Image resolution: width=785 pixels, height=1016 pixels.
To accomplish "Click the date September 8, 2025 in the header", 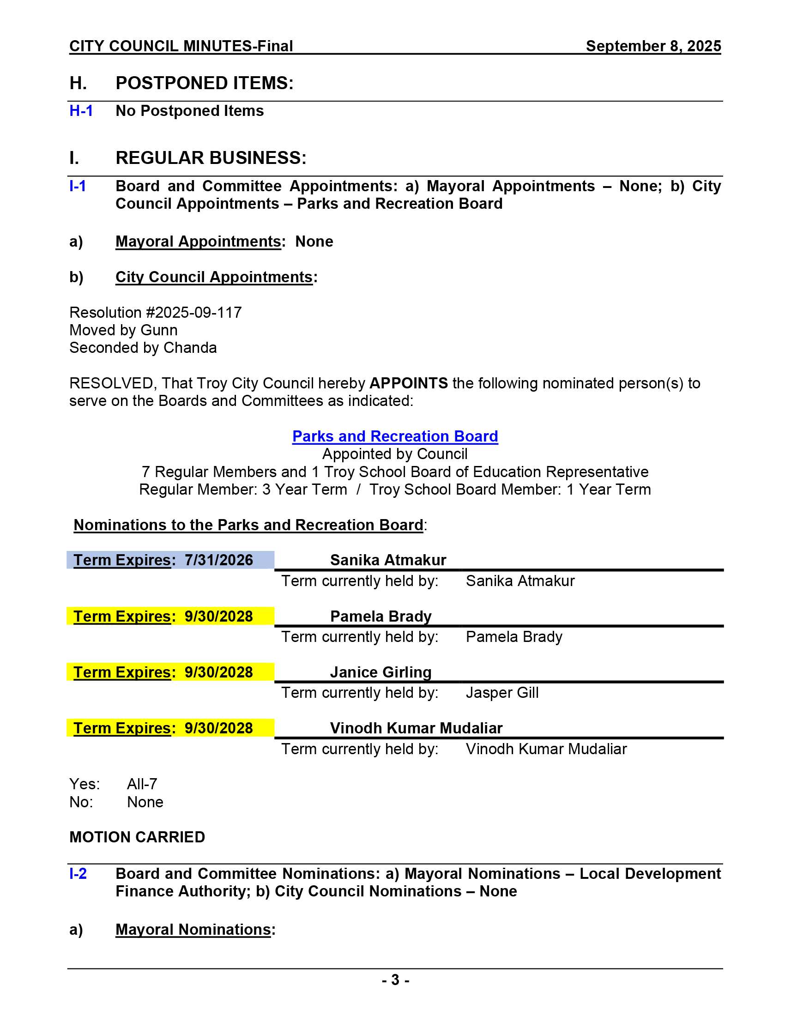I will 653,46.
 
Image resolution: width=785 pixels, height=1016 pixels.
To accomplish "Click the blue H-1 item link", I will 81,111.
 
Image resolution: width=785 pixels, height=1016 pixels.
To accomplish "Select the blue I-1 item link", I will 78,186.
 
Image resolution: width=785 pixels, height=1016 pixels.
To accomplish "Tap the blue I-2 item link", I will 78,874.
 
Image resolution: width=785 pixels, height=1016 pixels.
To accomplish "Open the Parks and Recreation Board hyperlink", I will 395,436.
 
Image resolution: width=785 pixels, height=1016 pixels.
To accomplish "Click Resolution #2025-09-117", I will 155,313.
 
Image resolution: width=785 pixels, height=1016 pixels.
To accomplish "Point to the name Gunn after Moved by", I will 158,330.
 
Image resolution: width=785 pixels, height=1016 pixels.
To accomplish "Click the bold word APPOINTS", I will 408,383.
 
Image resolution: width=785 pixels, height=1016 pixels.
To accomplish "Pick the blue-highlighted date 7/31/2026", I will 218,560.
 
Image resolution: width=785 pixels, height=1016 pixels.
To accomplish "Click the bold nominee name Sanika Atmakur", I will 388,560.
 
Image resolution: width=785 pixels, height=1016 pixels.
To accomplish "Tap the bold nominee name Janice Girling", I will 380,672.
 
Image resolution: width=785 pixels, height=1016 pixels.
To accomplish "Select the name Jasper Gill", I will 502,693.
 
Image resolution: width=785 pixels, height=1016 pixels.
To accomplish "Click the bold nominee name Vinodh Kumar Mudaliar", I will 416,728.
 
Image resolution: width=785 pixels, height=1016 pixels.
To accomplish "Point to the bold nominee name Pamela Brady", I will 380,617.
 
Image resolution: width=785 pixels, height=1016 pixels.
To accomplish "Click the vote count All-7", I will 142,784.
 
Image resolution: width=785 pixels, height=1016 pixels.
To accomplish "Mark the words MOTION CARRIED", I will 137,837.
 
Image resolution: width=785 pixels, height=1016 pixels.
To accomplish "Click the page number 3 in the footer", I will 395,980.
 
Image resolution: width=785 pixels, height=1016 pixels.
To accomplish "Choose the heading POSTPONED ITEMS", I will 204,83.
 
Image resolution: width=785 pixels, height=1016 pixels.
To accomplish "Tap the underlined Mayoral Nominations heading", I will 193,930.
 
